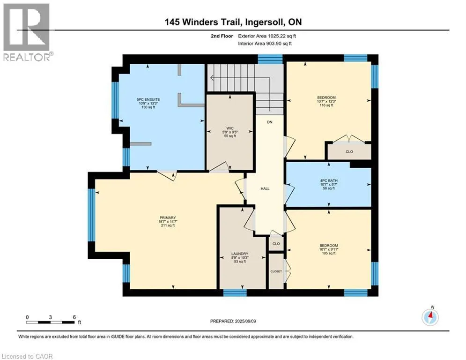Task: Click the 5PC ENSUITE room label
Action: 148,99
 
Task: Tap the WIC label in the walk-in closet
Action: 230,128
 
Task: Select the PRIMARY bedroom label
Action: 168,217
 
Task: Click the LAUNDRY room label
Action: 239,254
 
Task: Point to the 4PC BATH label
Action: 329,180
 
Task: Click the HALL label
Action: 265,188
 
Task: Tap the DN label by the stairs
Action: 270,122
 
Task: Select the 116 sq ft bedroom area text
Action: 326,105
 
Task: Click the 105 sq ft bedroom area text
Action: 329,253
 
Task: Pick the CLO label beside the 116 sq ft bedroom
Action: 349,151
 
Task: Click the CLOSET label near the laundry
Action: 276,271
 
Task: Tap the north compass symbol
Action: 430,316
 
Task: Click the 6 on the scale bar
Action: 74,317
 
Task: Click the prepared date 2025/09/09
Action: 245,321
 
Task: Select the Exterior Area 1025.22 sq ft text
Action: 267,36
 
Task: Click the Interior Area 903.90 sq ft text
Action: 265,44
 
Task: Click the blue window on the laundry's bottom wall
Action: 235,293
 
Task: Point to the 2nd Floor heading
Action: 222,36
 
